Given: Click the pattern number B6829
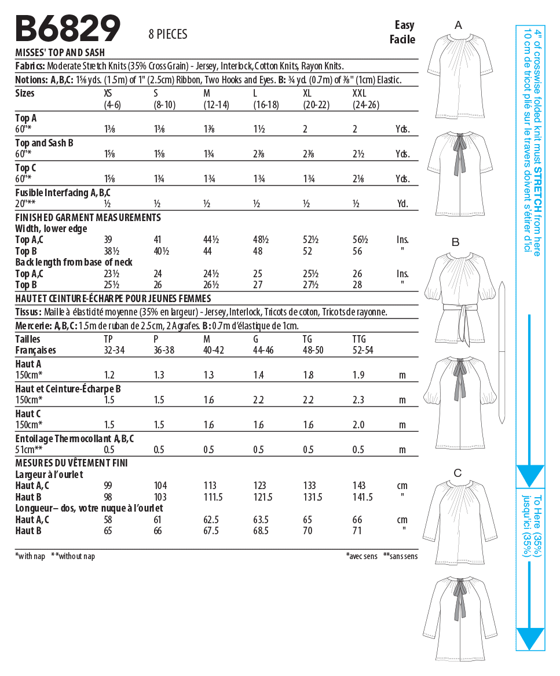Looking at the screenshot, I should coord(68,28).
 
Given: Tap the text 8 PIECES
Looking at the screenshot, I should coord(168,34).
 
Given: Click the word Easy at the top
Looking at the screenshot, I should coord(404,25).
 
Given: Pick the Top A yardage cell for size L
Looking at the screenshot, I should coord(259,130).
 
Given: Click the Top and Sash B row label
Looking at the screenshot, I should coord(44,142).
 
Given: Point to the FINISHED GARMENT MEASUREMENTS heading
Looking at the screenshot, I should coord(88,218).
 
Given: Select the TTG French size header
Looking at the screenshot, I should coord(360,339).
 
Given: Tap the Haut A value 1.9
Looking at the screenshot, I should coord(358,375).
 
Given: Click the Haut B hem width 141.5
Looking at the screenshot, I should coord(363,497).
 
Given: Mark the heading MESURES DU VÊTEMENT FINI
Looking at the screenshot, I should coord(71,463).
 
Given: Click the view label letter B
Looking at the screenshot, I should coord(455,242).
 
